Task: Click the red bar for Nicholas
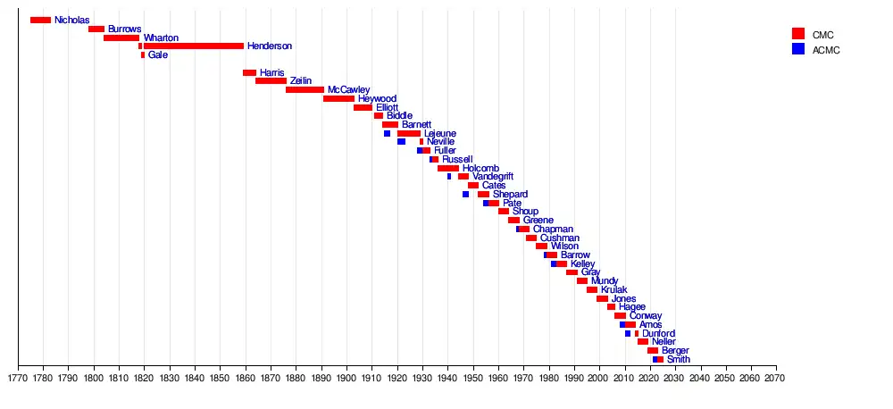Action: click(40, 20)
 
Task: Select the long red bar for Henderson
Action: click(193, 46)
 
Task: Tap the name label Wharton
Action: click(161, 38)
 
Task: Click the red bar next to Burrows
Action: click(96, 29)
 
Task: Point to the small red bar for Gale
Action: click(142, 54)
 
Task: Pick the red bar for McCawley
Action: click(305, 89)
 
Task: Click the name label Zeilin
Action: click(301, 80)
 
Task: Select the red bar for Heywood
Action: click(338, 98)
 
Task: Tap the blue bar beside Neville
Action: click(401, 141)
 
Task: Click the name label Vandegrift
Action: click(493, 176)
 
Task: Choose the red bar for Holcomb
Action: click(448, 168)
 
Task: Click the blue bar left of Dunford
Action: click(628, 333)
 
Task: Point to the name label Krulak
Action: click(614, 289)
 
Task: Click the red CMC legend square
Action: click(798, 33)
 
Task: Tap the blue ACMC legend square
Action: click(798, 49)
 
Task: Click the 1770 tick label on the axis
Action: click(18, 379)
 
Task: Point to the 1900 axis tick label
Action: click(346, 379)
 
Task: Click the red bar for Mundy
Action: click(582, 280)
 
